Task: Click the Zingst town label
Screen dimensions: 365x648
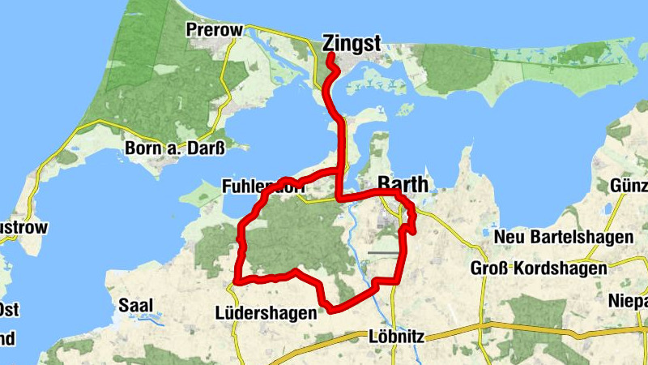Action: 351,43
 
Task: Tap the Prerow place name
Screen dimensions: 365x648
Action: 214,30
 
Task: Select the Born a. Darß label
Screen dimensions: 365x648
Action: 174,148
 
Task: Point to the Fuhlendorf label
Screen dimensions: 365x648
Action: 262,187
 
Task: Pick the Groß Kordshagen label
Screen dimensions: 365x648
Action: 539,268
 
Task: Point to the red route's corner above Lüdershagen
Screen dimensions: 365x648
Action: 236,281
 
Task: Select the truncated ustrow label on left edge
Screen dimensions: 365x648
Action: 23,227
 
